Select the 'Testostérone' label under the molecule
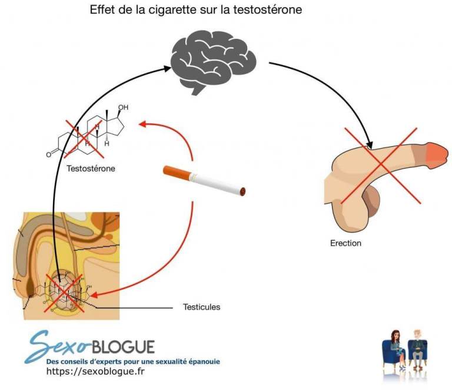pos(91,169)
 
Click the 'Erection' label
pos(345,243)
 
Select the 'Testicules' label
pos(201,307)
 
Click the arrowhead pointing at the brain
pos(167,69)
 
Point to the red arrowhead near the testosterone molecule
pos(142,123)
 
